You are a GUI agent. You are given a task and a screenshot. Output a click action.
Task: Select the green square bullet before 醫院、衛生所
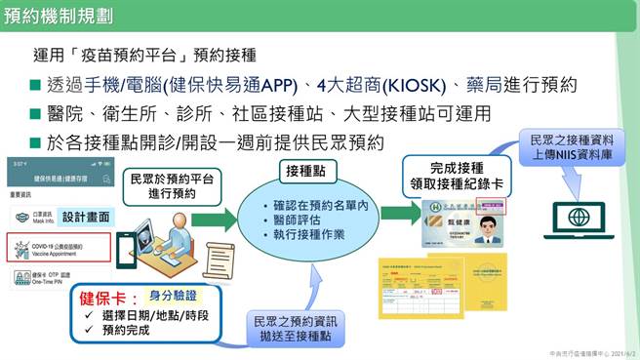(x=35, y=114)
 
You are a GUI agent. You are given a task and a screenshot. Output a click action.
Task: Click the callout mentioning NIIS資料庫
(x=567, y=145)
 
